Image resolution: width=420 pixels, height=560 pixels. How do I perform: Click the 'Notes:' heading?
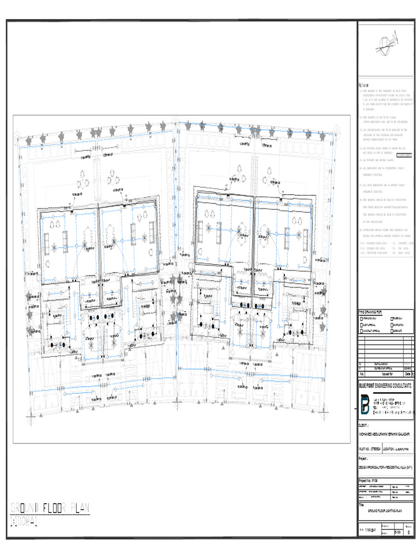[x=363, y=86]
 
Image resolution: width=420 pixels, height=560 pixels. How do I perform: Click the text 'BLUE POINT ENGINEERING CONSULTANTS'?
[x=386, y=385]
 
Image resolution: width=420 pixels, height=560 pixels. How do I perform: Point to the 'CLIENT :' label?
[x=364, y=424]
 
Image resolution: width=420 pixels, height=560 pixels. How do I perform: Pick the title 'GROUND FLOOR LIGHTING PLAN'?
[x=386, y=510]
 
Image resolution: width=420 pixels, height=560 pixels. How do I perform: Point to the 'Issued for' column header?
[x=382, y=375]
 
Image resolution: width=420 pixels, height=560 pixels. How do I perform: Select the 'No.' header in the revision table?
[x=361, y=375]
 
